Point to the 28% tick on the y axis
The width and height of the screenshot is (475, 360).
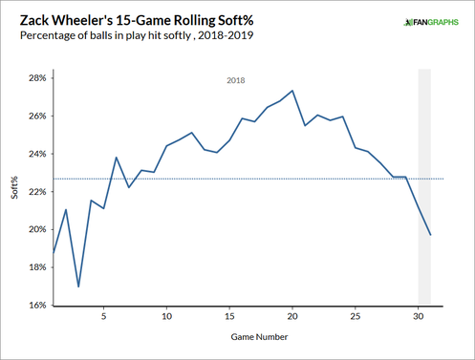click(35, 77)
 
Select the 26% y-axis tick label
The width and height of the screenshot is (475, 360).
click(35, 116)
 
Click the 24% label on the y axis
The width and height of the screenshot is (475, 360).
click(35, 154)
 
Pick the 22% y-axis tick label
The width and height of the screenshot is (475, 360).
click(35, 191)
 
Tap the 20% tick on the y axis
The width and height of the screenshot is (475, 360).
click(35, 229)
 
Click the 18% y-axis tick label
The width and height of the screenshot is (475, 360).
click(35, 267)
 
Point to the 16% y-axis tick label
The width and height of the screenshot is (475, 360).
click(35, 306)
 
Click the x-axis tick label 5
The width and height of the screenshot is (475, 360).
click(104, 316)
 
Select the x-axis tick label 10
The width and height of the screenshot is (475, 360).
click(166, 316)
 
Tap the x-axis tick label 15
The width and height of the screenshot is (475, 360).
click(229, 316)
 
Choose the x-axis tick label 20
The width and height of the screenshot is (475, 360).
click(291, 316)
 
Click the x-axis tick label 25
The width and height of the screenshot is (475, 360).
click(355, 316)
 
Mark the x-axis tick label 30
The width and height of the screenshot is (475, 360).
click(418, 316)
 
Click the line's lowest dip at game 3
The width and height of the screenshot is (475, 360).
click(78, 286)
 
